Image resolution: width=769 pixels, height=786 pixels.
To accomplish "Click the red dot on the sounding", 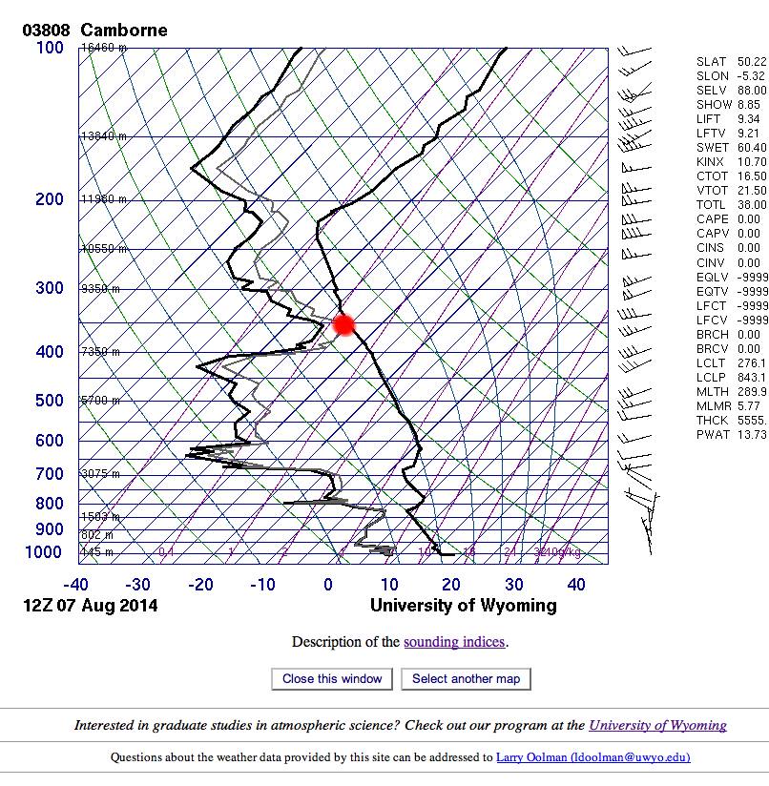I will [x=343, y=324].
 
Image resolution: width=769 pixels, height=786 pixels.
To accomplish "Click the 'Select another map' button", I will [x=467, y=679].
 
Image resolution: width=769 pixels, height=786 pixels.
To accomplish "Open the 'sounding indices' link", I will [x=454, y=642].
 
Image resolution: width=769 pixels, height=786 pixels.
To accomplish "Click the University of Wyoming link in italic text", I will [x=657, y=726].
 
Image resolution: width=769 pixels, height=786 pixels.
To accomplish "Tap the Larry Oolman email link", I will [x=593, y=758].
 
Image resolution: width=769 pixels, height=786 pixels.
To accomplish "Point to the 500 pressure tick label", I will [x=51, y=402].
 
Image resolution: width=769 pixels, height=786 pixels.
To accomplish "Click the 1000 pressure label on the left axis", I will [x=45, y=552].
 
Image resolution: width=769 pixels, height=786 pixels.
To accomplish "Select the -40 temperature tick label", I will [x=76, y=584].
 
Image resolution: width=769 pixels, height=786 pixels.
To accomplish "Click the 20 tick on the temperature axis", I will [x=451, y=584].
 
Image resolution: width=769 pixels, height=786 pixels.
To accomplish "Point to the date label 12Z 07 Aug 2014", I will [x=91, y=606].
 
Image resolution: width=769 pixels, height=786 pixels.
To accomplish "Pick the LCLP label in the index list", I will [x=711, y=378].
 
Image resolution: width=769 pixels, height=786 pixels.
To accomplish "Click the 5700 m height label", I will [x=100, y=401].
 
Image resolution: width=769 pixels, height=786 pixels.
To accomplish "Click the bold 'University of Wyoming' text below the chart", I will [x=463, y=606].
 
